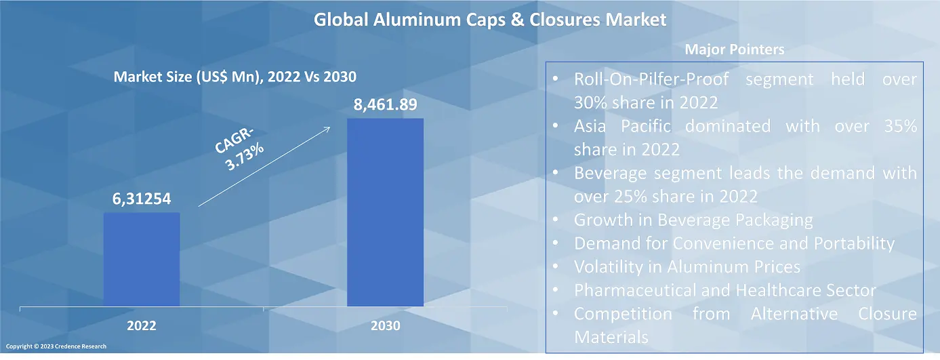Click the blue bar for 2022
[x=142, y=259]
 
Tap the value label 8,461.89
[x=384, y=105]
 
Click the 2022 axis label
[x=142, y=326]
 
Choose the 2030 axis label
[x=386, y=326]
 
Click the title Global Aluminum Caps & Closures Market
[x=489, y=20]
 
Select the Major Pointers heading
[x=734, y=49]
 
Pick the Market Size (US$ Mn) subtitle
[x=234, y=77]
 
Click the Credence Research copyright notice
[x=57, y=346]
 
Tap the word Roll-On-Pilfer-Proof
[x=651, y=79]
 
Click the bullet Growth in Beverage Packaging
[x=693, y=220]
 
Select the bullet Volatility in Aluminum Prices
[x=687, y=266]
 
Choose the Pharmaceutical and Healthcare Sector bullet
[x=724, y=290]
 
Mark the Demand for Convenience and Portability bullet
[x=734, y=243]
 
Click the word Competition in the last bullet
[x=623, y=314]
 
